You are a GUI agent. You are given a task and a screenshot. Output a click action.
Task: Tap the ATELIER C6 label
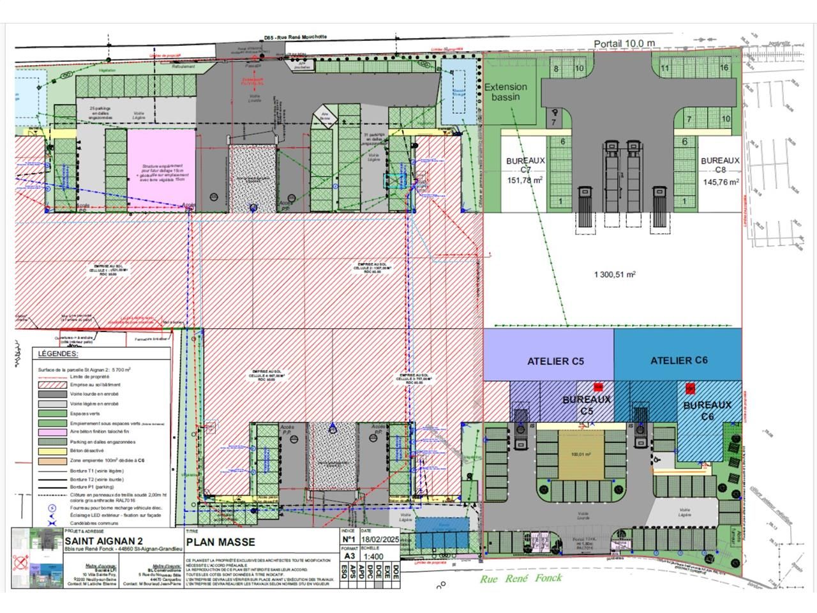pyautogui.click(x=679, y=361)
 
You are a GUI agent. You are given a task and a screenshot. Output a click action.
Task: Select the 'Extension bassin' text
pyautogui.click(x=506, y=91)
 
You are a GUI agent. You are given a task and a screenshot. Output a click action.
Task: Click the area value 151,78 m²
pyautogui.click(x=525, y=181)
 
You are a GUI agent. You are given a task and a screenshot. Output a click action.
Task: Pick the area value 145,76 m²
pyautogui.click(x=721, y=181)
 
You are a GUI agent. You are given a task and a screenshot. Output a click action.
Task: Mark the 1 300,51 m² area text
pyautogui.click(x=615, y=275)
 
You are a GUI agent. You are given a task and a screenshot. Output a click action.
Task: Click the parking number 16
pyautogui.click(x=556, y=68)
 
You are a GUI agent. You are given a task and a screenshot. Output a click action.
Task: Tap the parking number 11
pyautogui.click(x=664, y=68)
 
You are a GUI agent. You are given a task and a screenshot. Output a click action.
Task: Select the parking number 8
pyautogui.click(x=556, y=68)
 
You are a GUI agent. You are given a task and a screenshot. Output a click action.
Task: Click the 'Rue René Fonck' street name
pyautogui.click(x=521, y=578)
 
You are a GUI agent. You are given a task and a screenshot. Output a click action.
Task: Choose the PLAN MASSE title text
pyautogui.click(x=220, y=543)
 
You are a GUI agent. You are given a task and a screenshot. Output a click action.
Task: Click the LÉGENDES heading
pyautogui.click(x=58, y=354)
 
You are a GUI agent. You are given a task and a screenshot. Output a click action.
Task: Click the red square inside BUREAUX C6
pyautogui.click(x=690, y=388)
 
